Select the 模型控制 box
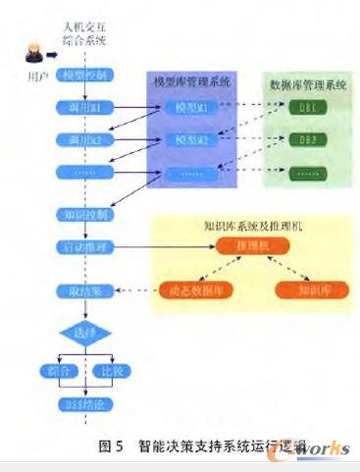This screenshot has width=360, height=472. click(87, 75)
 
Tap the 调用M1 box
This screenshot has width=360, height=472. click(87, 104)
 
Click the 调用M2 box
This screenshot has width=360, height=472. click(87, 142)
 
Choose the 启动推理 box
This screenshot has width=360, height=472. click(87, 246)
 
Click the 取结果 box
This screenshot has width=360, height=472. click(87, 289)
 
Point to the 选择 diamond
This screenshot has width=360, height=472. click(87, 333)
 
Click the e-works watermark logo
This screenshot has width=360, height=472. click(315, 446)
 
